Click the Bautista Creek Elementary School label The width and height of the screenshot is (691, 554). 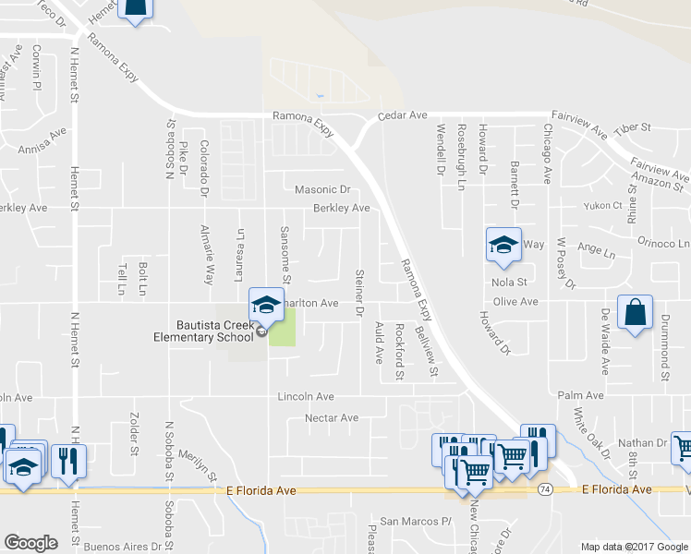[x=203, y=331]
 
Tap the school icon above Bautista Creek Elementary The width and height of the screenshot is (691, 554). [x=265, y=303]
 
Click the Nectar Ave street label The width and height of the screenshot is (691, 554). [x=332, y=418]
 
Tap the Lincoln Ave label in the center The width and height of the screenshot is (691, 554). [x=306, y=396]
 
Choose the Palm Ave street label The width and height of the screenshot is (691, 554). [x=580, y=395]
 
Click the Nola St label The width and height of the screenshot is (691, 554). [x=509, y=282]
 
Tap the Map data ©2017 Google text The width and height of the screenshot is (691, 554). [x=634, y=547]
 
